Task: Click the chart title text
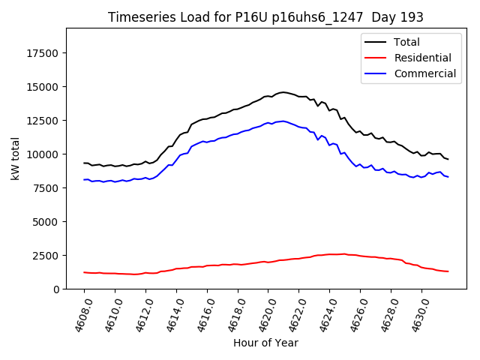pos(265,17)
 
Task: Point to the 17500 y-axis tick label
pos(43,53)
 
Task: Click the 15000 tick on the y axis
pos(43,87)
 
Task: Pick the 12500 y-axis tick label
pos(43,121)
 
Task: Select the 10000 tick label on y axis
pos(43,154)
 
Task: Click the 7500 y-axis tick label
pos(46,188)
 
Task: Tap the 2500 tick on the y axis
pos(46,256)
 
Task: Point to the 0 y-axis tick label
pos(57,289)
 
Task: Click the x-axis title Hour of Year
pos(265,343)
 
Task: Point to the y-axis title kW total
pos(15,159)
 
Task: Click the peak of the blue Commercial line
pos(283,121)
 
